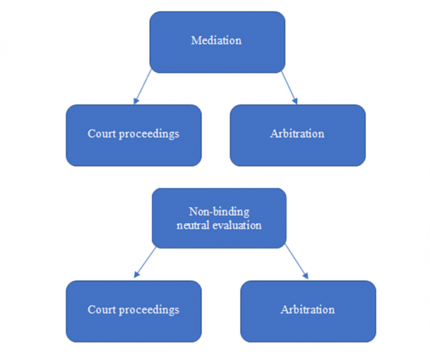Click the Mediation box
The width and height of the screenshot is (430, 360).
click(216, 42)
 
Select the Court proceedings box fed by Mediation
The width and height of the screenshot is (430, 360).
click(133, 134)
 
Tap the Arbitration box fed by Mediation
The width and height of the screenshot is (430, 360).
click(297, 134)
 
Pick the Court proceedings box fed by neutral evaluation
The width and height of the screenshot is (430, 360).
click(133, 311)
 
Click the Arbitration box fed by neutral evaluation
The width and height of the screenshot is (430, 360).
click(307, 311)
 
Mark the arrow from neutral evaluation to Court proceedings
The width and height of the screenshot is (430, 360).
click(146, 262)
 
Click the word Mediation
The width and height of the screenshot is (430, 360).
click(216, 40)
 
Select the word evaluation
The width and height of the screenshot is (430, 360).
click(234, 226)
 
